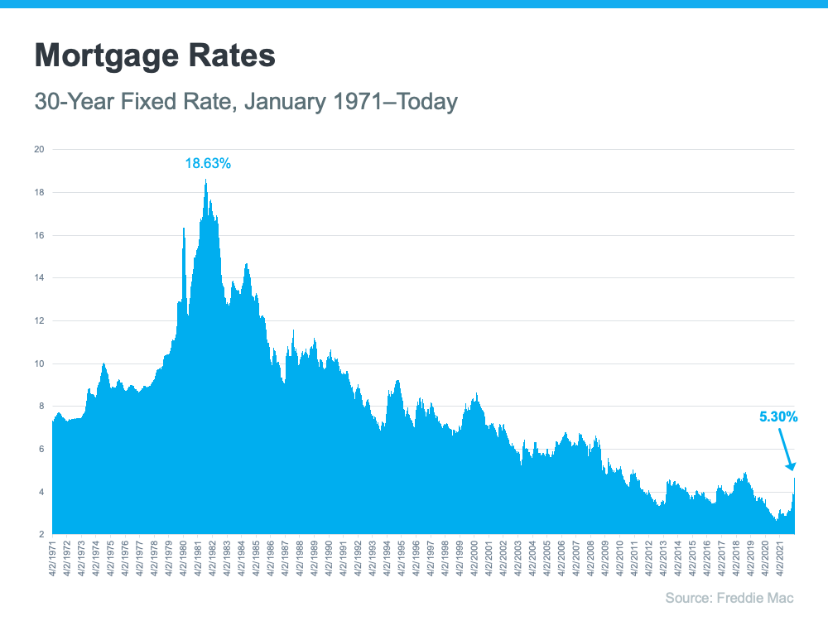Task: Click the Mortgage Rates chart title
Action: tap(154, 55)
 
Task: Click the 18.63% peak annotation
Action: tap(207, 164)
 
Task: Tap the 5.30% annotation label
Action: tap(778, 417)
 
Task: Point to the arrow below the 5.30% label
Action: tap(787, 451)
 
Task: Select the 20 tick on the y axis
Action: tap(38, 150)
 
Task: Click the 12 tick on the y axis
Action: tap(38, 321)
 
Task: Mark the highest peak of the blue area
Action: tap(206, 181)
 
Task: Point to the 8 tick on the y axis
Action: tap(38, 407)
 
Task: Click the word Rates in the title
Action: tap(232, 55)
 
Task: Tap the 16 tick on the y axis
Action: tap(38, 236)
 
